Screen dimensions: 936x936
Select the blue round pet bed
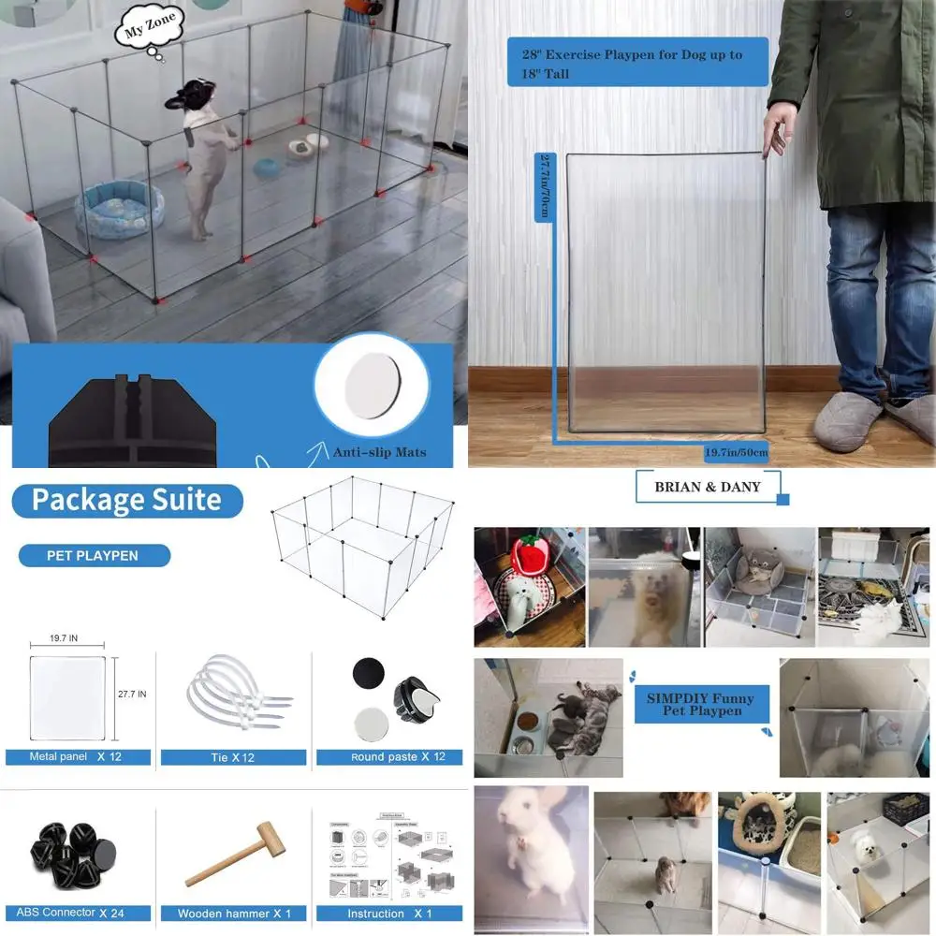pyautogui.click(x=119, y=210)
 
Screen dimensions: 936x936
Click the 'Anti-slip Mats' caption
pyautogui.click(x=379, y=452)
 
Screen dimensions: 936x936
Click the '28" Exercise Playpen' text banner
pyautogui.click(x=636, y=63)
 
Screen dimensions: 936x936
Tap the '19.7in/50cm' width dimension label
pyautogui.click(x=736, y=453)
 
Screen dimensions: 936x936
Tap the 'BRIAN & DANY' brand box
pyautogui.click(x=707, y=487)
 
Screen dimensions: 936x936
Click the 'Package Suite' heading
pyautogui.click(x=126, y=500)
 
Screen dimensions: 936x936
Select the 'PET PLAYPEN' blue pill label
pyautogui.click(x=94, y=555)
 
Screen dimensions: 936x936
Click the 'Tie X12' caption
pyautogui.click(x=233, y=756)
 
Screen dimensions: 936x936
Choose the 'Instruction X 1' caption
pyautogui.click(x=389, y=913)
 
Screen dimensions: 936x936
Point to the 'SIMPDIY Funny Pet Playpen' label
pyautogui.click(x=700, y=704)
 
